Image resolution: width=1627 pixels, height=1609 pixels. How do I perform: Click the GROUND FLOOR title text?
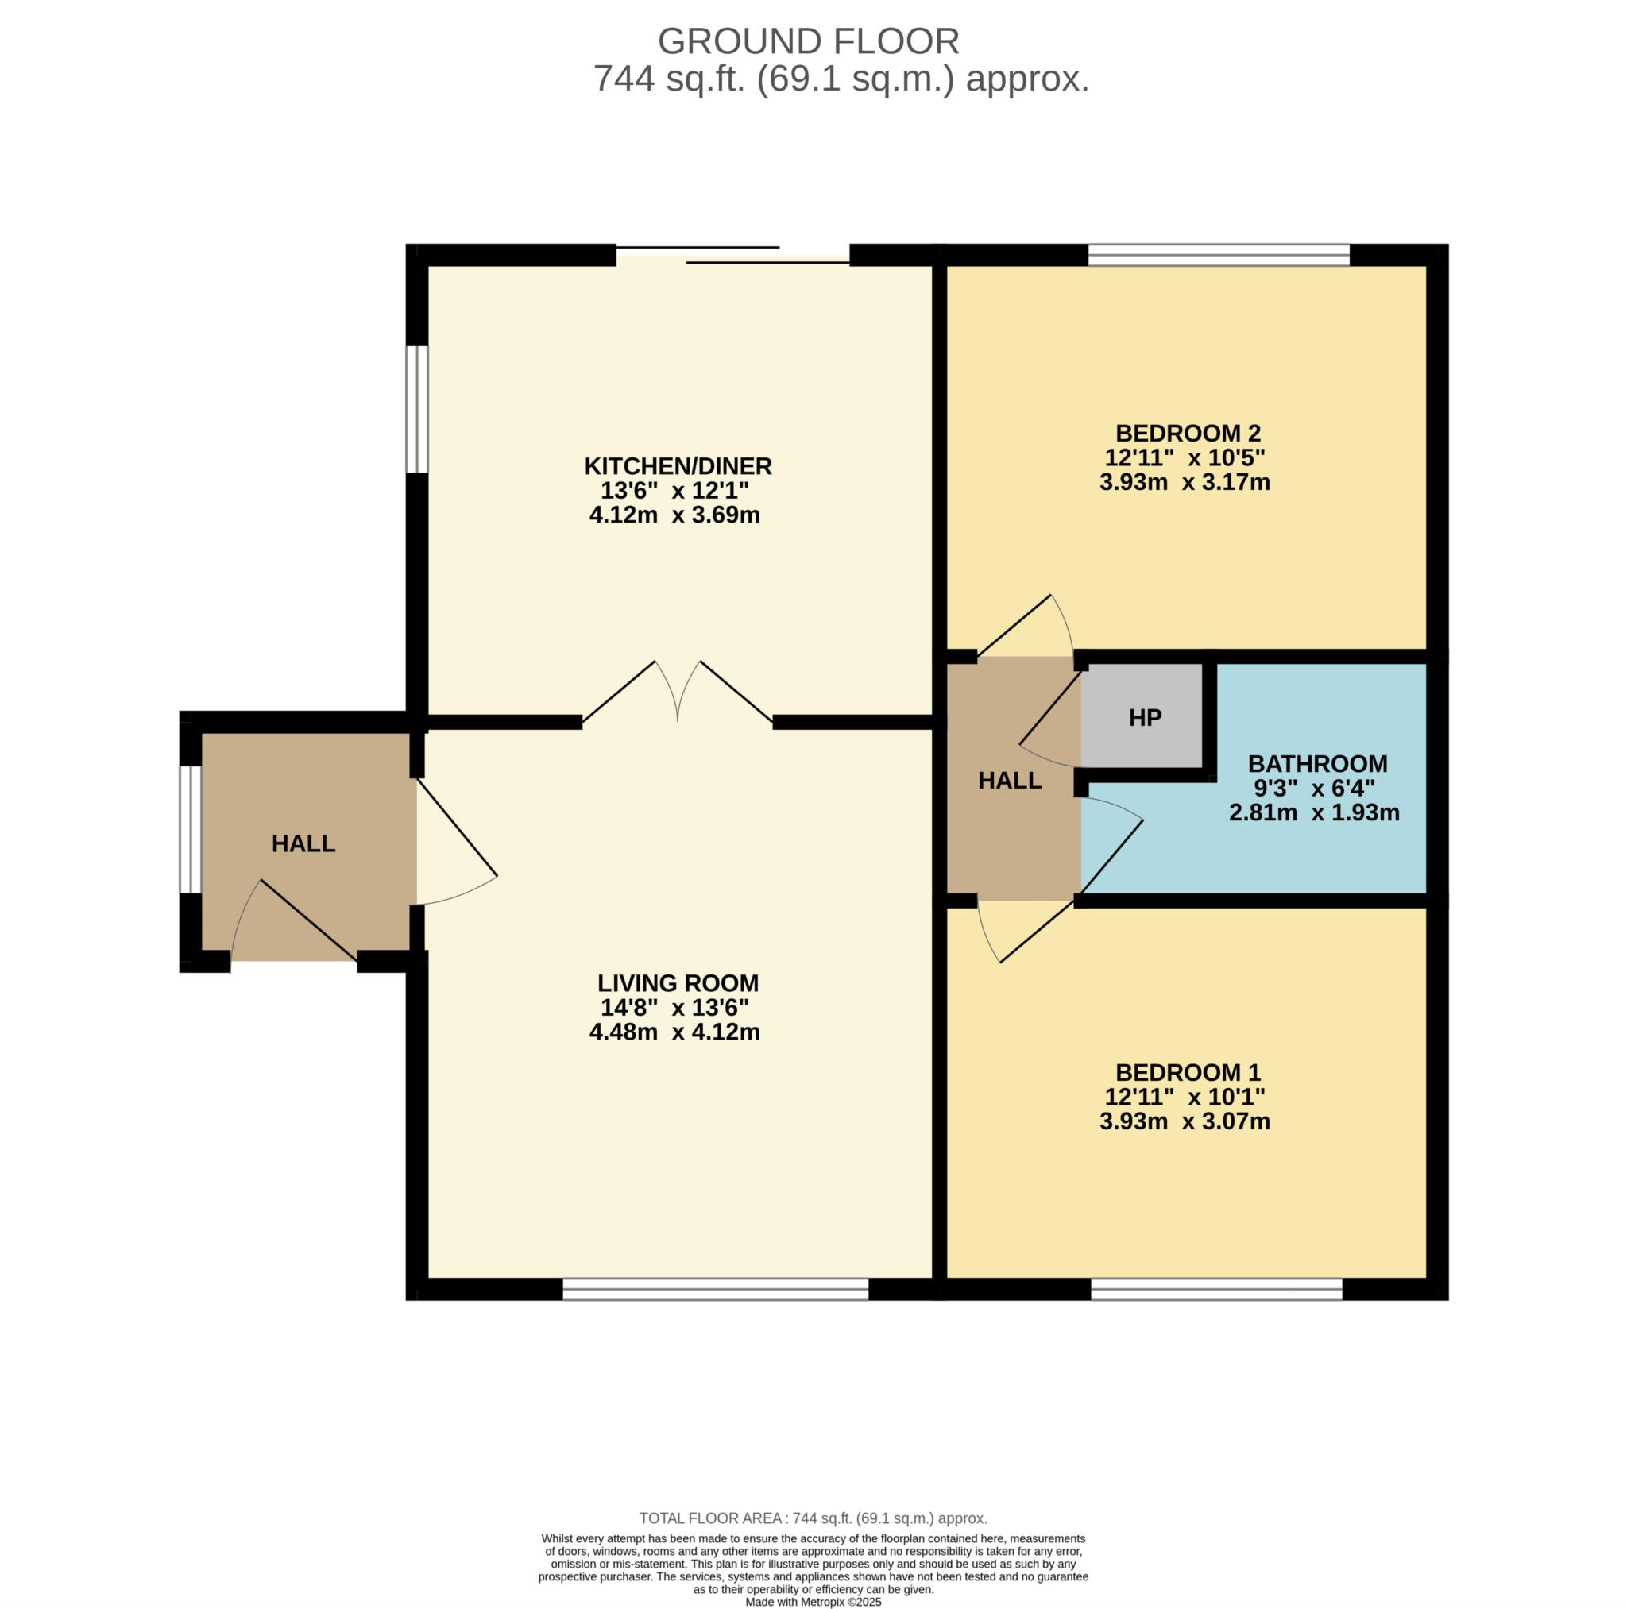coord(808,41)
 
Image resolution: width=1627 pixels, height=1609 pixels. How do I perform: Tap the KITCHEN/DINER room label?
coord(678,465)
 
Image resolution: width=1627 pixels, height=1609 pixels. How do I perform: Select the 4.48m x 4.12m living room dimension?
coord(674,1032)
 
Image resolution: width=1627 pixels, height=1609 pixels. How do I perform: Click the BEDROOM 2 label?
coord(1188,433)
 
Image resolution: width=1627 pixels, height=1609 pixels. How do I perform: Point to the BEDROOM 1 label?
coord(1188,1072)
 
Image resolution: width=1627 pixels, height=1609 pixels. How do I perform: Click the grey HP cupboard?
coord(1144,717)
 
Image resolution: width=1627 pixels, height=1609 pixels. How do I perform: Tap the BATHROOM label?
coord(1317,764)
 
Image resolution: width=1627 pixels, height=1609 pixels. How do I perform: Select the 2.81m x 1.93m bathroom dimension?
coord(1314,812)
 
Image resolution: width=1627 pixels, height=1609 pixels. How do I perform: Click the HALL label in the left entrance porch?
coord(303,843)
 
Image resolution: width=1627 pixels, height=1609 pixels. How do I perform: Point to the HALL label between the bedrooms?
coord(1010,781)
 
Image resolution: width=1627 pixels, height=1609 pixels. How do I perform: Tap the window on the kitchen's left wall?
coord(417,409)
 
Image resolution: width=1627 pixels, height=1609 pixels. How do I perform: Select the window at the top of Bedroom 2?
coord(1219,254)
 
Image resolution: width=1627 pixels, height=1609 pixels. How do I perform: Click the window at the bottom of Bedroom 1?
coord(1216,1289)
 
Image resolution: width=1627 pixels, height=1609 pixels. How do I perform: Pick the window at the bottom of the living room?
coord(715,1289)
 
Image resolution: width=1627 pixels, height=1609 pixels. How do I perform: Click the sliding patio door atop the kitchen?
coord(732,255)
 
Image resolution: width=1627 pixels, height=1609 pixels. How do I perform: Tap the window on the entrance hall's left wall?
coord(191,828)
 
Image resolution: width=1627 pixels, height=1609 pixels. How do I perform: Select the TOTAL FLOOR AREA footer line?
coord(813,1518)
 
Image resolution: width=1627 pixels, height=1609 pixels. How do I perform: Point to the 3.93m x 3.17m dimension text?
coord(1184,482)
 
